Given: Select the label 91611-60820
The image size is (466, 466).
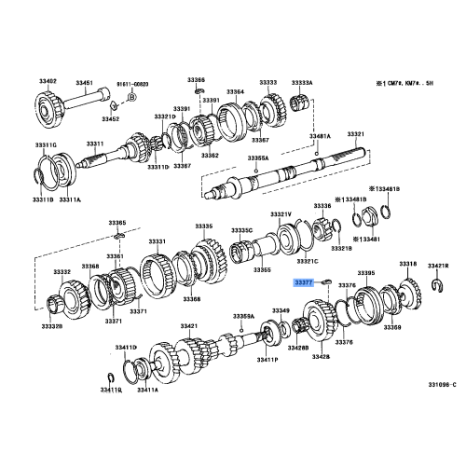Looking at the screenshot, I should click(x=131, y=82).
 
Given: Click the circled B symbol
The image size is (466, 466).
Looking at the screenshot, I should click(x=131, y=97).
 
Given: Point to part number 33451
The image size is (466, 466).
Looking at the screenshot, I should click(x=84, y=82).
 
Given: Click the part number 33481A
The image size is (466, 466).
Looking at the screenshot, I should click(x=321, y=137).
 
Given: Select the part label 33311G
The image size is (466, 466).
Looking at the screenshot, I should click(x=48, y=144).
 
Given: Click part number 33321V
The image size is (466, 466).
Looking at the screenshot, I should click(x=281, y=215).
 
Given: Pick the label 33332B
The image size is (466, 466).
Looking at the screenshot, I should click(x=50, y=327).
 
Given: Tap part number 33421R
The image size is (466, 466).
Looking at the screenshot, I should click(x=440, y=266).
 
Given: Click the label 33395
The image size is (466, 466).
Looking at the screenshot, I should click(x=366, y=273).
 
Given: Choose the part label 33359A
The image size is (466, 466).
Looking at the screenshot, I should click(x=244, y=317).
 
